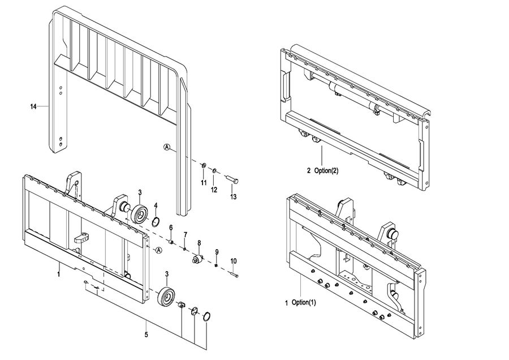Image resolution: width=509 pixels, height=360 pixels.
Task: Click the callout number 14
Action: pyautogui.click(x=33, y=106)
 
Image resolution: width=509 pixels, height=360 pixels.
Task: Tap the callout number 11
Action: pyautogui.click(x=204, y=183)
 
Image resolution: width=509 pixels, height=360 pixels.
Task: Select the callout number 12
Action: pyautogui.click(x=214, y=190)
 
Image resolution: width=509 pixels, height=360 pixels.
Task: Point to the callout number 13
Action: pyautogui.click(x=234, y=196)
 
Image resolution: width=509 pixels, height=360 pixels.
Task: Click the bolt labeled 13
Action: pyautogui.click(x=231, y=179)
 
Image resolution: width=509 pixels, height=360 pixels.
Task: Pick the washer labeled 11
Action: pyautogui.click(x=204, y=166)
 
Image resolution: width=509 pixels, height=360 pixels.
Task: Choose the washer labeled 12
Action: pyautogui.click(x=214, y=170)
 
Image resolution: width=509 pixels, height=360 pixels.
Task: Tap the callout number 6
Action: pyautogui.click(x=171, y=228)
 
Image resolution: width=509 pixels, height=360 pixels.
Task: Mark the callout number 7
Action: pyautogui.click(x=186, y=234)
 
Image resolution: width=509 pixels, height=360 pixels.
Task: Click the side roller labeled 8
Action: pyautogui.click(x=197, y=259)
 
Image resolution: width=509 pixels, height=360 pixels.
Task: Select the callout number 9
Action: pyautogui.click(x=217, y=252)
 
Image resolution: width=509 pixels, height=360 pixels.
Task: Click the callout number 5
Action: pyautogui.click(x=146, y=335)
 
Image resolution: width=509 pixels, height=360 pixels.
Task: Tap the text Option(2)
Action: pyautogui.click(x=326, y=170)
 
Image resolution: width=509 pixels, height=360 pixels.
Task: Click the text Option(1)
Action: pyautogui.click(x=304, y=302)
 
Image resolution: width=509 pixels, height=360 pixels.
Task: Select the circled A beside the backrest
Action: pyautogui.click(x=167, y=147)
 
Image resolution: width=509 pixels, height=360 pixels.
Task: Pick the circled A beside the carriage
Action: pyautogui.click(x=158, y=250)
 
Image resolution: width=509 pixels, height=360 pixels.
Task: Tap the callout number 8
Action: pyautogui.click(x=199, y=243)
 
